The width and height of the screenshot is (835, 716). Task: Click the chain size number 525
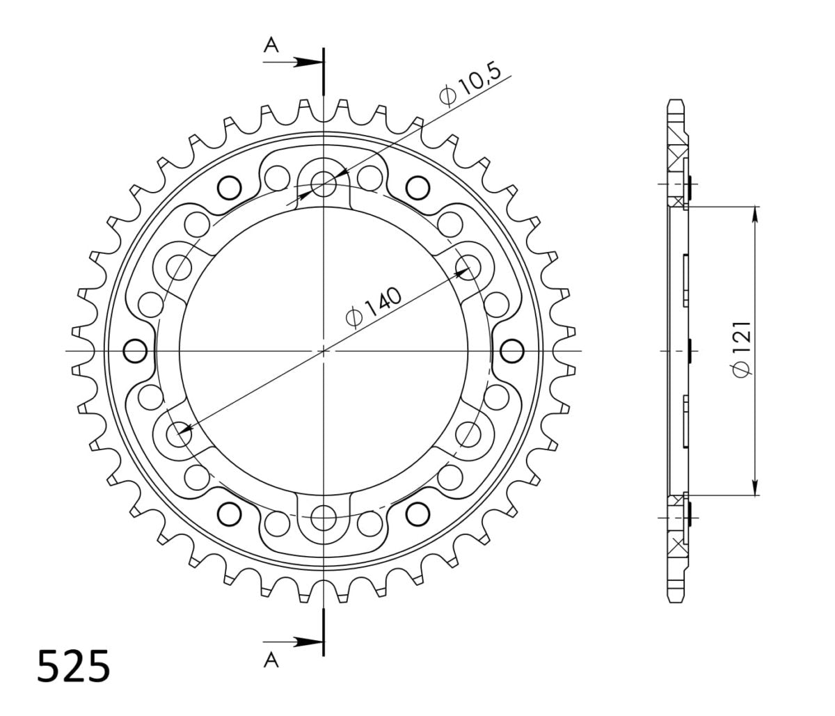tap(74, 667)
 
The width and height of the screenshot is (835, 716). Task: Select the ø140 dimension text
tap(374, 307)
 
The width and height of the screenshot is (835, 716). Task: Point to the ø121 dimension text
tap(742, 349)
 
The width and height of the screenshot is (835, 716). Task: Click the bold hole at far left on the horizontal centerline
tap(135, 351)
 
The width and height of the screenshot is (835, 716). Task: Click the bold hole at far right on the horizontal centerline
tap(512, 351)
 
